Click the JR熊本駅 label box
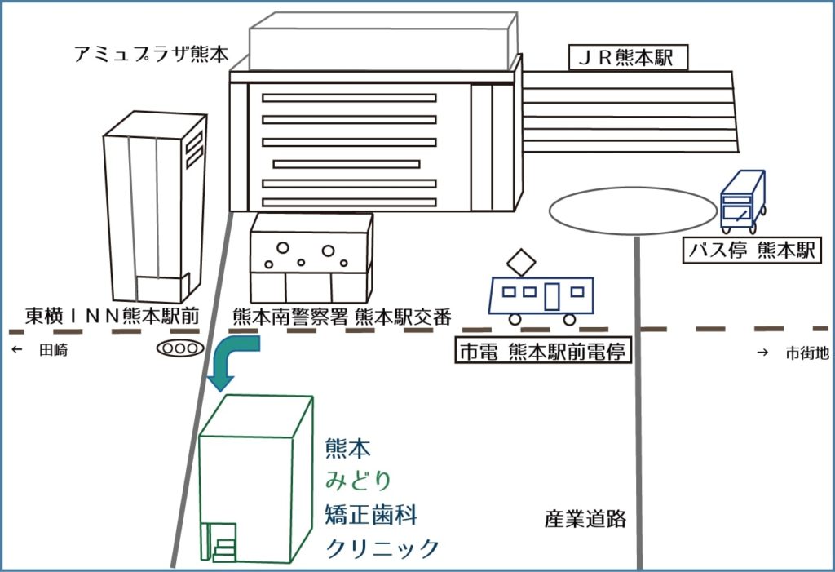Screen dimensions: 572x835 [628, 58]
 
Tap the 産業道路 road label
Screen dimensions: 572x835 [585, 518]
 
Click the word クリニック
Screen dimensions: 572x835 [382, 548]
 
